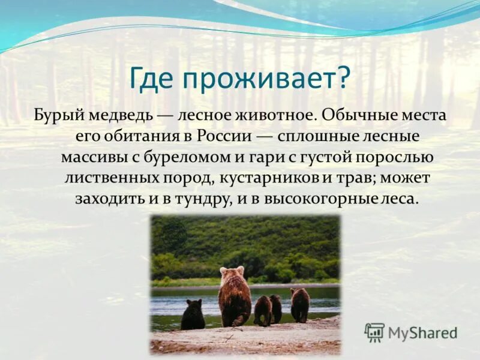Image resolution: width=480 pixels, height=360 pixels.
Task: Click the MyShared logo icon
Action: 374,332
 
